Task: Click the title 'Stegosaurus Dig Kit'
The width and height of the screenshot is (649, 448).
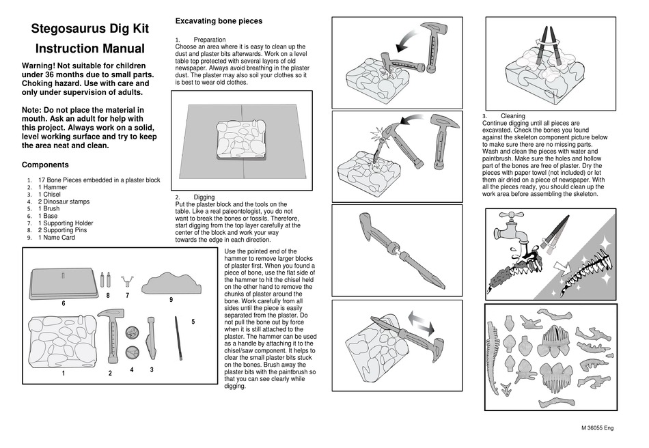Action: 90,29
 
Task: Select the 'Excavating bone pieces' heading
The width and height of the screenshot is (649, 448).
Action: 219,21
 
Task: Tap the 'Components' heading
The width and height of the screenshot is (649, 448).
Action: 45,165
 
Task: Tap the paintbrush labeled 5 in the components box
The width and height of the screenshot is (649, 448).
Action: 178,337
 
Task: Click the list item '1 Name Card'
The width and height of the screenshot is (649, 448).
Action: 57,238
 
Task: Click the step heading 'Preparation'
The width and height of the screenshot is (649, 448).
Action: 210,40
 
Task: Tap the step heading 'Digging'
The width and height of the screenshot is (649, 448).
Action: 204,197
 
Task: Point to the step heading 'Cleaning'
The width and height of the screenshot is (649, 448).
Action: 513,116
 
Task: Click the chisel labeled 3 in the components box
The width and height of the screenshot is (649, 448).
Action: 152,339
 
